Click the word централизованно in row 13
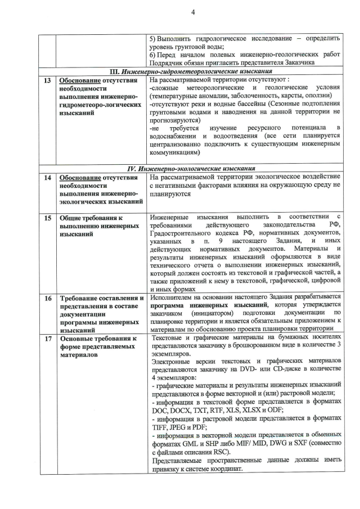[x=181, y=143]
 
